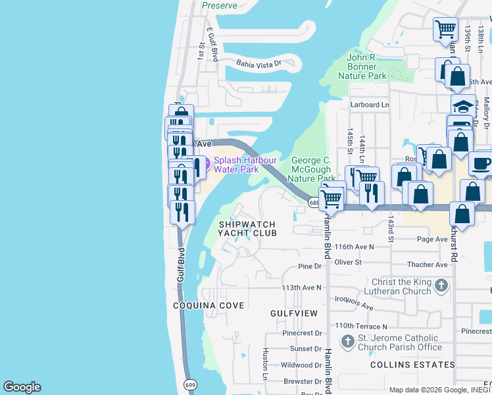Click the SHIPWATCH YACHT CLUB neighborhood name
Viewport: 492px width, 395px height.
pos(247,228)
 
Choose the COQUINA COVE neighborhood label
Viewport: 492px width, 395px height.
pos(209,305)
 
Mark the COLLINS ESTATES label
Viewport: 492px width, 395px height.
pos(412,364)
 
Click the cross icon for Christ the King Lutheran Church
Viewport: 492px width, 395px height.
pos(441,286)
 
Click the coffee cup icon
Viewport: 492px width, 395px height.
pos(481,163)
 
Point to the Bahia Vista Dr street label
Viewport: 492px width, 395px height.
pos(258,63)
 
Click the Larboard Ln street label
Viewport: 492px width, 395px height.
pos(370,105)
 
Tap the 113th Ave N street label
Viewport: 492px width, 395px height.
pos(301,288)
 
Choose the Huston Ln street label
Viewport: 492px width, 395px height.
pos(266,363)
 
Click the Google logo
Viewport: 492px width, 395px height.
pos(22,387)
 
